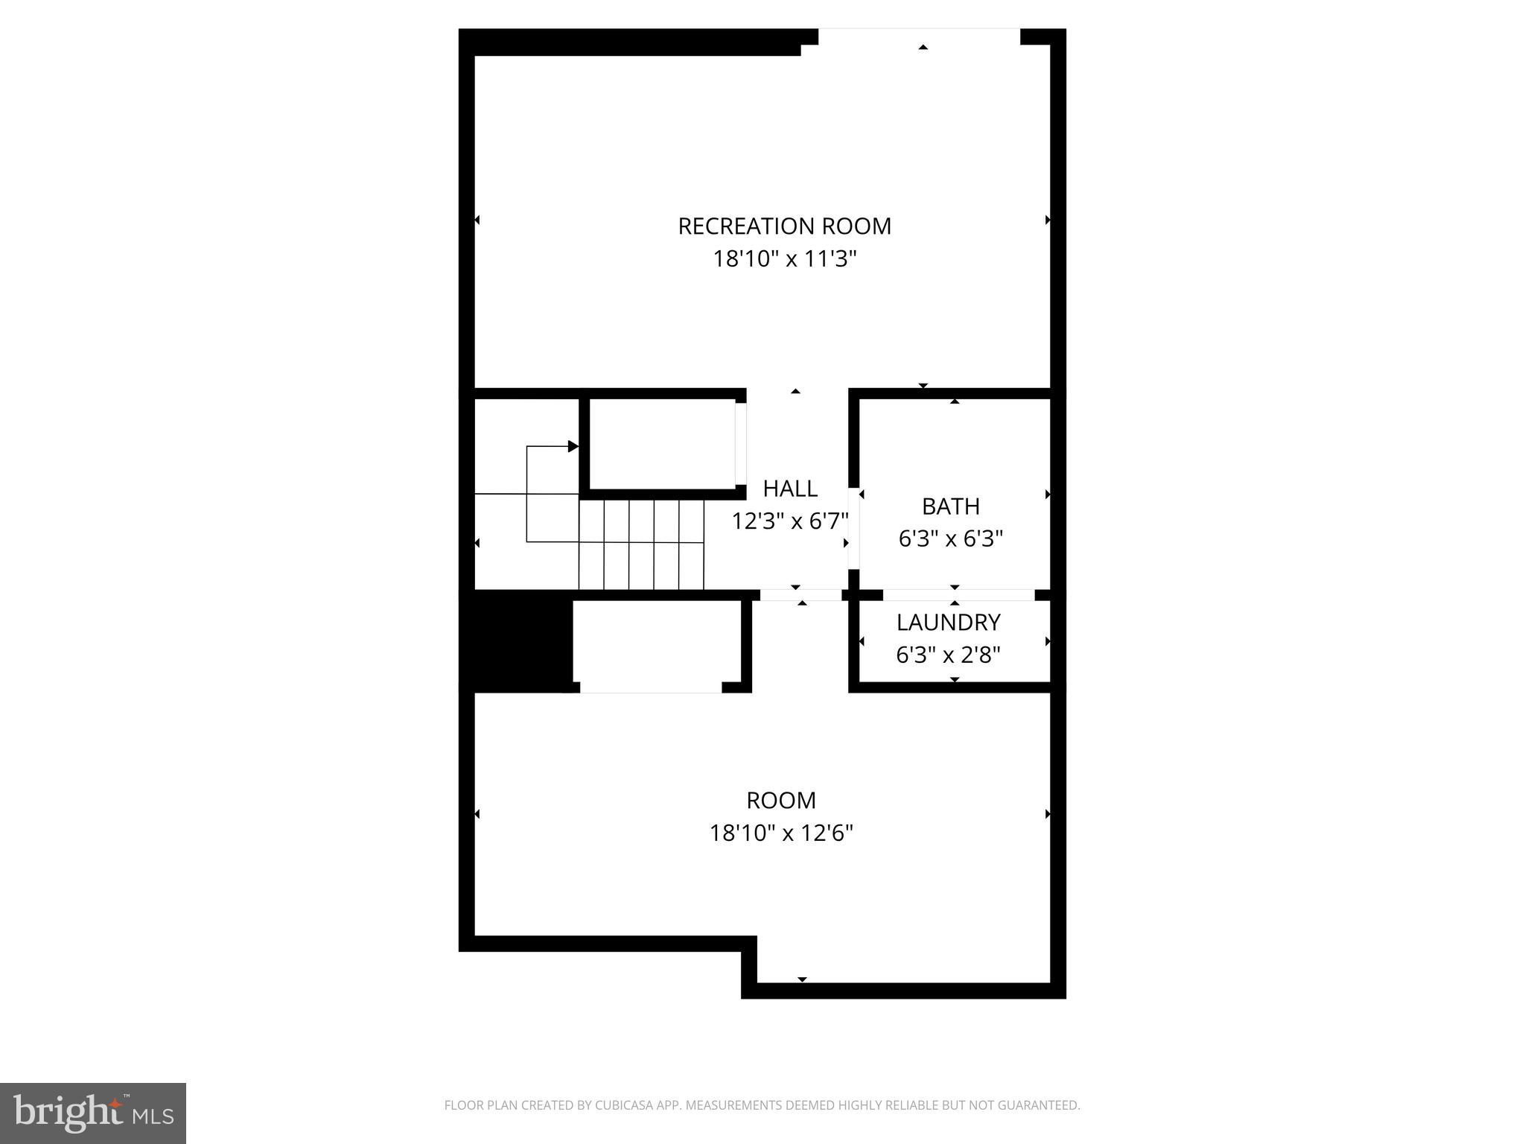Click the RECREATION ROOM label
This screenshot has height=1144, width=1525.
[784, 226]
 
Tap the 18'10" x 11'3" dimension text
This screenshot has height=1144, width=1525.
[785, 259]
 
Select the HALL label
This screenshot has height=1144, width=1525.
[790, 489]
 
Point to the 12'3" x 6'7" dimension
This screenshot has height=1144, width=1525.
[789, 521]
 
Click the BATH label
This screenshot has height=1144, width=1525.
[950, 506]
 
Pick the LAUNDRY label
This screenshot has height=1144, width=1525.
[948, 622]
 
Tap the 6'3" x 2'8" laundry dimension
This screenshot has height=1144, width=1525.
[948, 655]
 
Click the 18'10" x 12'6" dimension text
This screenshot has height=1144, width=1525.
[781, 833]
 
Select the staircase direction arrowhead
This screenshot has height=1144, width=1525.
[573, 446]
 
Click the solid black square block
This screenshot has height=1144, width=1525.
[516, 641]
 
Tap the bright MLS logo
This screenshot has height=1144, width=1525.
[93, 1113]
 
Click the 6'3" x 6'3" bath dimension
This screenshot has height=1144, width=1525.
[950, 538]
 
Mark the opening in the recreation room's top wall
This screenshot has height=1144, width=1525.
[919, 36]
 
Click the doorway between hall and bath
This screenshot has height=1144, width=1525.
[853, 529]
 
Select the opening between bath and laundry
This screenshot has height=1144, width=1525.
[958, 595]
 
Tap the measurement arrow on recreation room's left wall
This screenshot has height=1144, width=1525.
[477, 220]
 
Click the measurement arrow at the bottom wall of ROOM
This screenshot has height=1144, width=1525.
[802, 979]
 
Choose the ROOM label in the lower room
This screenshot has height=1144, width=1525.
[781, 800]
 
